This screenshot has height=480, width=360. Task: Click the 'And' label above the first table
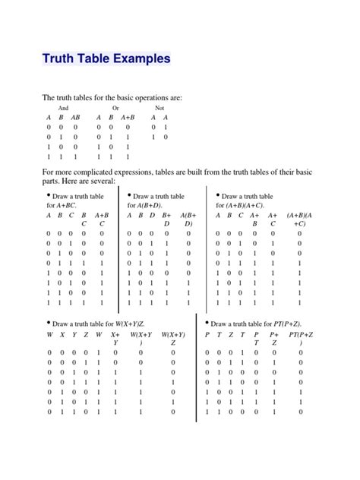click(64, 109)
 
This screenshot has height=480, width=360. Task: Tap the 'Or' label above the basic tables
click(115, 109)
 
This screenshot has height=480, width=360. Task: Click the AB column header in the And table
click(76, 118)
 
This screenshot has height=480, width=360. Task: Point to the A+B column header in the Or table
click(127, 118)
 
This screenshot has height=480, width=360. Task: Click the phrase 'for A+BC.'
click(63, 206)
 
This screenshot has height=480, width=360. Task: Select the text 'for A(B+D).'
click(146, 206)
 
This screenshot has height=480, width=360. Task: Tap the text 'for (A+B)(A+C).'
click(241, 206)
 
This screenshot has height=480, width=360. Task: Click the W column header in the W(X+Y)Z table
click(51, 334)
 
